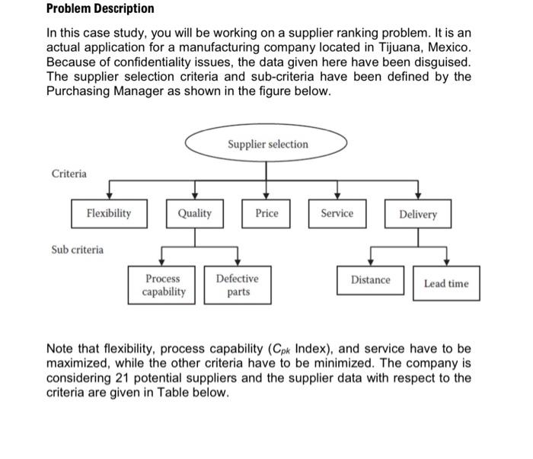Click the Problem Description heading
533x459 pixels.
(x=100, y=9)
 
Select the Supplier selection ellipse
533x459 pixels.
(x=267, y=144)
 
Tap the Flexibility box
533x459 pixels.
(x=108, y=213)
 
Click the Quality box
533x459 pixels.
(x=195, y=213)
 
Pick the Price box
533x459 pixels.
(x=266, y=213)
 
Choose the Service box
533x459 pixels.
(x=337, y=213)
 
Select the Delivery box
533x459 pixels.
(x=418, y=214)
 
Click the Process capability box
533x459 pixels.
(x=165, y=285)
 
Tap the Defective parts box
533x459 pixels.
(x=238, y=285)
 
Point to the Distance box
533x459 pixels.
(x=371, y=280)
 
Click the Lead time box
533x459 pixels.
(x=446, y=283)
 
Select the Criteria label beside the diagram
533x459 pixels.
(x=69, y=174)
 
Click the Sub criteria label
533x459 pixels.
(x=78, y=249)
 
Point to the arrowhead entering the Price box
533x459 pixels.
(x=266, y=195)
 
